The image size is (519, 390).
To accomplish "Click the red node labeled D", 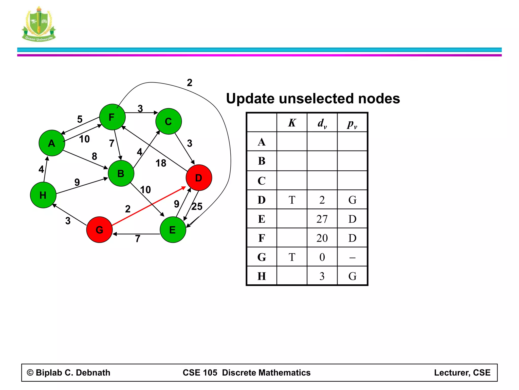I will click(x=199, y=178).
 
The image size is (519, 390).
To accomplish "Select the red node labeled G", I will click(x=99, y=230).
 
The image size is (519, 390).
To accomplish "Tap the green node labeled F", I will click(x=112, y=117).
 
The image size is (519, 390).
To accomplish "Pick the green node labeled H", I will click(x=43, y=195).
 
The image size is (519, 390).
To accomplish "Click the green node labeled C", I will click(x=169, y=121).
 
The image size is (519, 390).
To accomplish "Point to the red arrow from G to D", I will click(x=149, y=206).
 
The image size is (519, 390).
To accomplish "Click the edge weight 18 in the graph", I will click(x=161, y=163).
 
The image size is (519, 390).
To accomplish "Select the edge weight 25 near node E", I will click(x=197, y=206).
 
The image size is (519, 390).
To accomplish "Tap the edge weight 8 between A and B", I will click(x=94, y=156).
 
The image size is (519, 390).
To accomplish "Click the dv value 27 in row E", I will click(x=322, y=219).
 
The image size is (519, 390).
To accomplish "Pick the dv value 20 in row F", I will click(x=322, y=238).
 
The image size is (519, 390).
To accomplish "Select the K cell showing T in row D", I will click(x=292, y=200).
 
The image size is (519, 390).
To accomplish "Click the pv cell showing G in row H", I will click(x=352, y=276).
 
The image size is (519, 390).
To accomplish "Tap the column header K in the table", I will click(x=292, y=123).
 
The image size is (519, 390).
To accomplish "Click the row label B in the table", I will click(x=262, y=161).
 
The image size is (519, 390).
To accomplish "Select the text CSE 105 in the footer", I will click(x=200, y=372).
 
